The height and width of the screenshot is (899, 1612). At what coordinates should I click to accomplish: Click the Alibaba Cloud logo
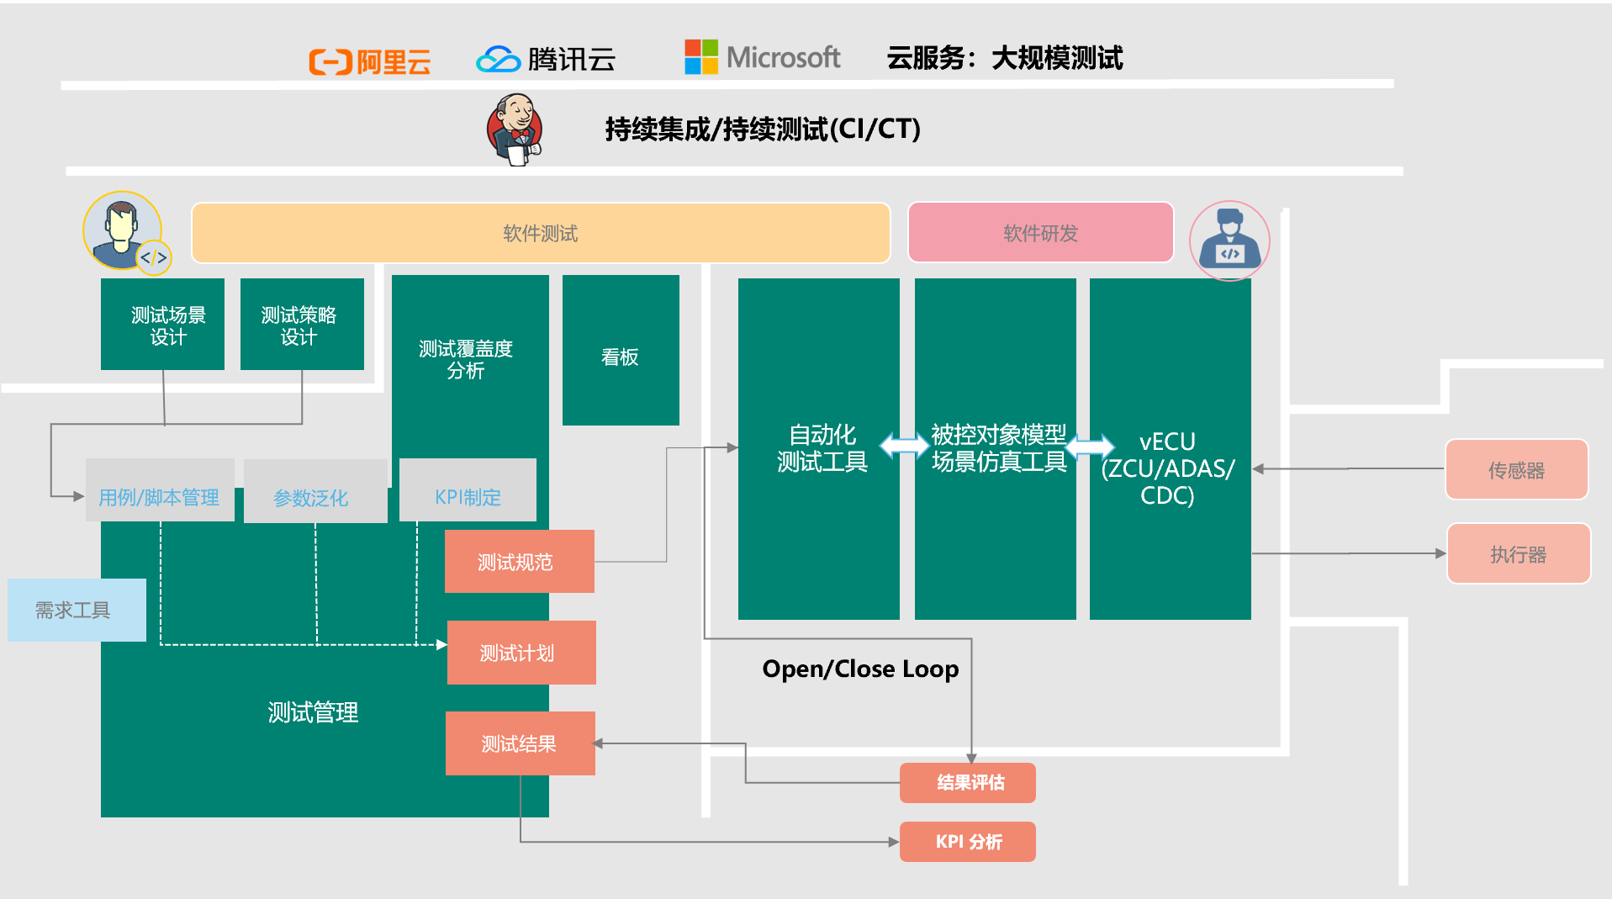pyautogui.click(x=369, y=61)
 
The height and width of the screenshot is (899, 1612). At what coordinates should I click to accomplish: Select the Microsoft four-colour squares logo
pyautogui.click(x=700, y=57)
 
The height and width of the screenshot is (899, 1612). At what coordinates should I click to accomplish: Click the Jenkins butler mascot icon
pyautogui.click(x=515, y=130)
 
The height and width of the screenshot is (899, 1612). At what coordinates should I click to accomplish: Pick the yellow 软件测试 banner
pyautogui.click(x=540, y=233)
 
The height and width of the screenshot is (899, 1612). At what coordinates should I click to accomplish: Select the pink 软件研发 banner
pyautogui.click(x=1040, y=233)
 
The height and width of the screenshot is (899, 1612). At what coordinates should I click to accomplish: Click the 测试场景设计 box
pyautogui.click(x=162, y=325)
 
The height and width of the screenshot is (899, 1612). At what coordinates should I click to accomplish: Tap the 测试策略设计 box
pyautogui.click(x=302, y=325)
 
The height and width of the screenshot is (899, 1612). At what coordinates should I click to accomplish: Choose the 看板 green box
pyautogui.click(x=621, y=351)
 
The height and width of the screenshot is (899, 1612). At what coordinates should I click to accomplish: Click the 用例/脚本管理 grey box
pyautogui.click(x=160, y=490)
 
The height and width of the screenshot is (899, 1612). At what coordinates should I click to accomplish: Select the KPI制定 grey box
pyautogui.click(x=468, y=490)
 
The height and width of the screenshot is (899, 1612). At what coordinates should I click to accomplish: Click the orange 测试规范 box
pyautogui.click(x=519, y=562)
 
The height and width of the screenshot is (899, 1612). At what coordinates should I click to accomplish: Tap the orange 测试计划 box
pyautogui.click(x=521, y=653)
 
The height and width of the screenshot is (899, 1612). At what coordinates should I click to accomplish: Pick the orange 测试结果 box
pyautogui.click(x=520, y=743)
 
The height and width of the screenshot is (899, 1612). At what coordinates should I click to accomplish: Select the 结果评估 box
pyautogui.click(x=967, y=783)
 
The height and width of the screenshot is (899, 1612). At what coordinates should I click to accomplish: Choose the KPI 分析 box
pyautogui.click(x=967, y=842)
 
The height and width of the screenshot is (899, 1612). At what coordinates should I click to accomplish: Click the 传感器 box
pyautogui.click(x=1516, y=469)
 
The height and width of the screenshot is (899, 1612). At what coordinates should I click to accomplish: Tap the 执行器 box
pyautogui.click(x=1518, y=553)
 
